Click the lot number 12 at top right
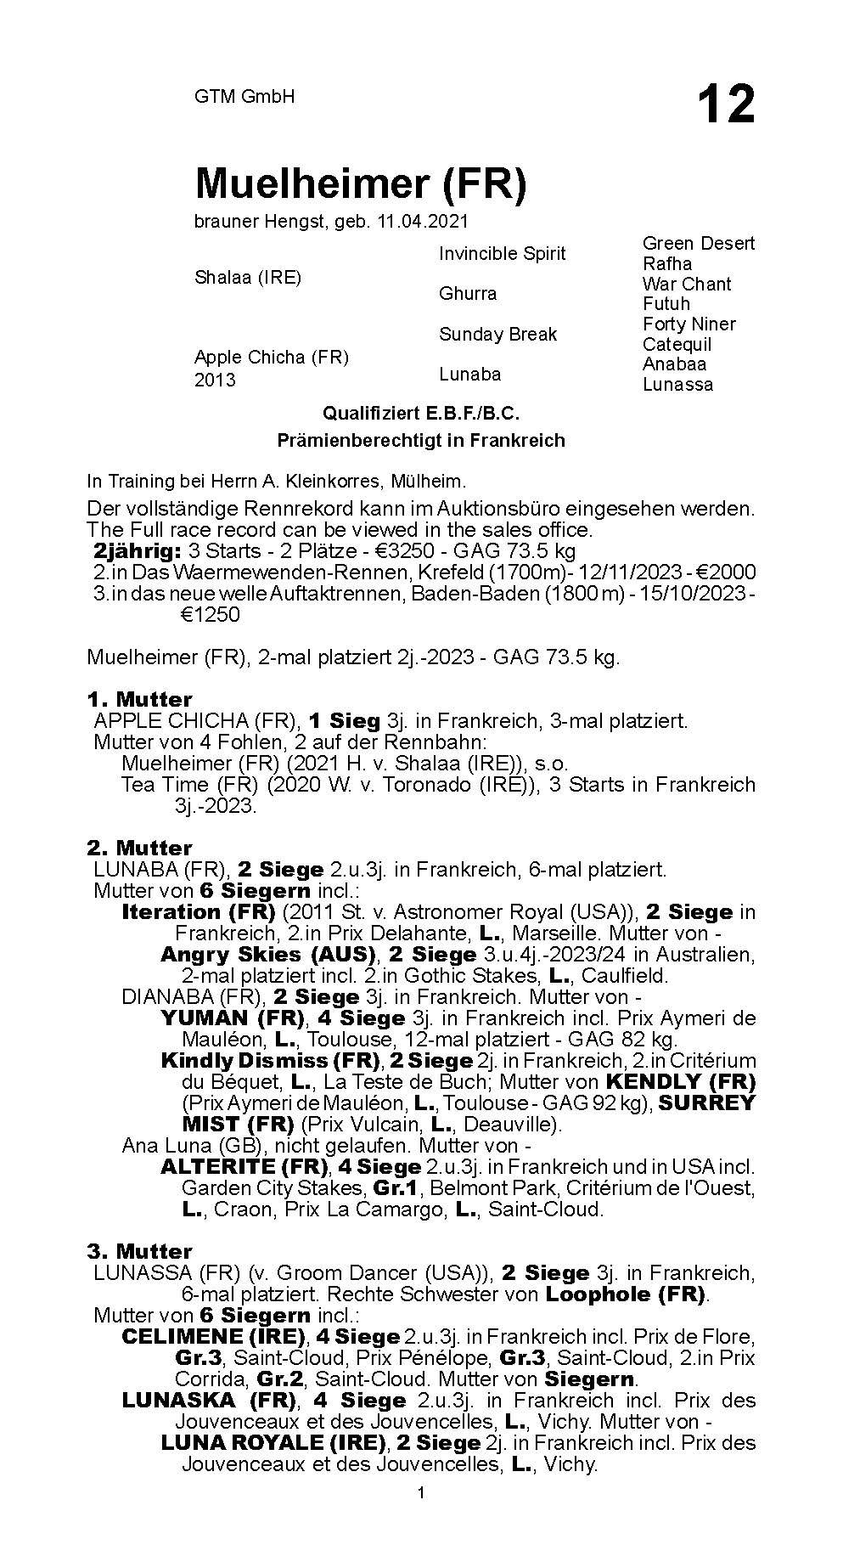pyautogui.click(x=726, y=105)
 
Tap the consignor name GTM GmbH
pyautogui.click(x=244, y=97)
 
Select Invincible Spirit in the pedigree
pyautogui.click(x=502, y=253)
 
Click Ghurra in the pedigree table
pyautogui.click(x=468, y=293)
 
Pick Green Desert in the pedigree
pyautogui.click(x=698, y=243)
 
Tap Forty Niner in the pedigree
pyautogui.click(x=688, y=324)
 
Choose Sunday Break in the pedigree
pyautogui.click(x=497, y=334)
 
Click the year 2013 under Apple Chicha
pyautogui.click(x=215, y=380)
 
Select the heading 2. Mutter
pyautogui.click(x=139, y=848)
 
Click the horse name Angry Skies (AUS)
pyautogui.click(x=269, y=955)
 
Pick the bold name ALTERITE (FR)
pyautogui.click(x=245, y=1167)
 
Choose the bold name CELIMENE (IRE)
pyautogui.click(x=214, y=1337)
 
